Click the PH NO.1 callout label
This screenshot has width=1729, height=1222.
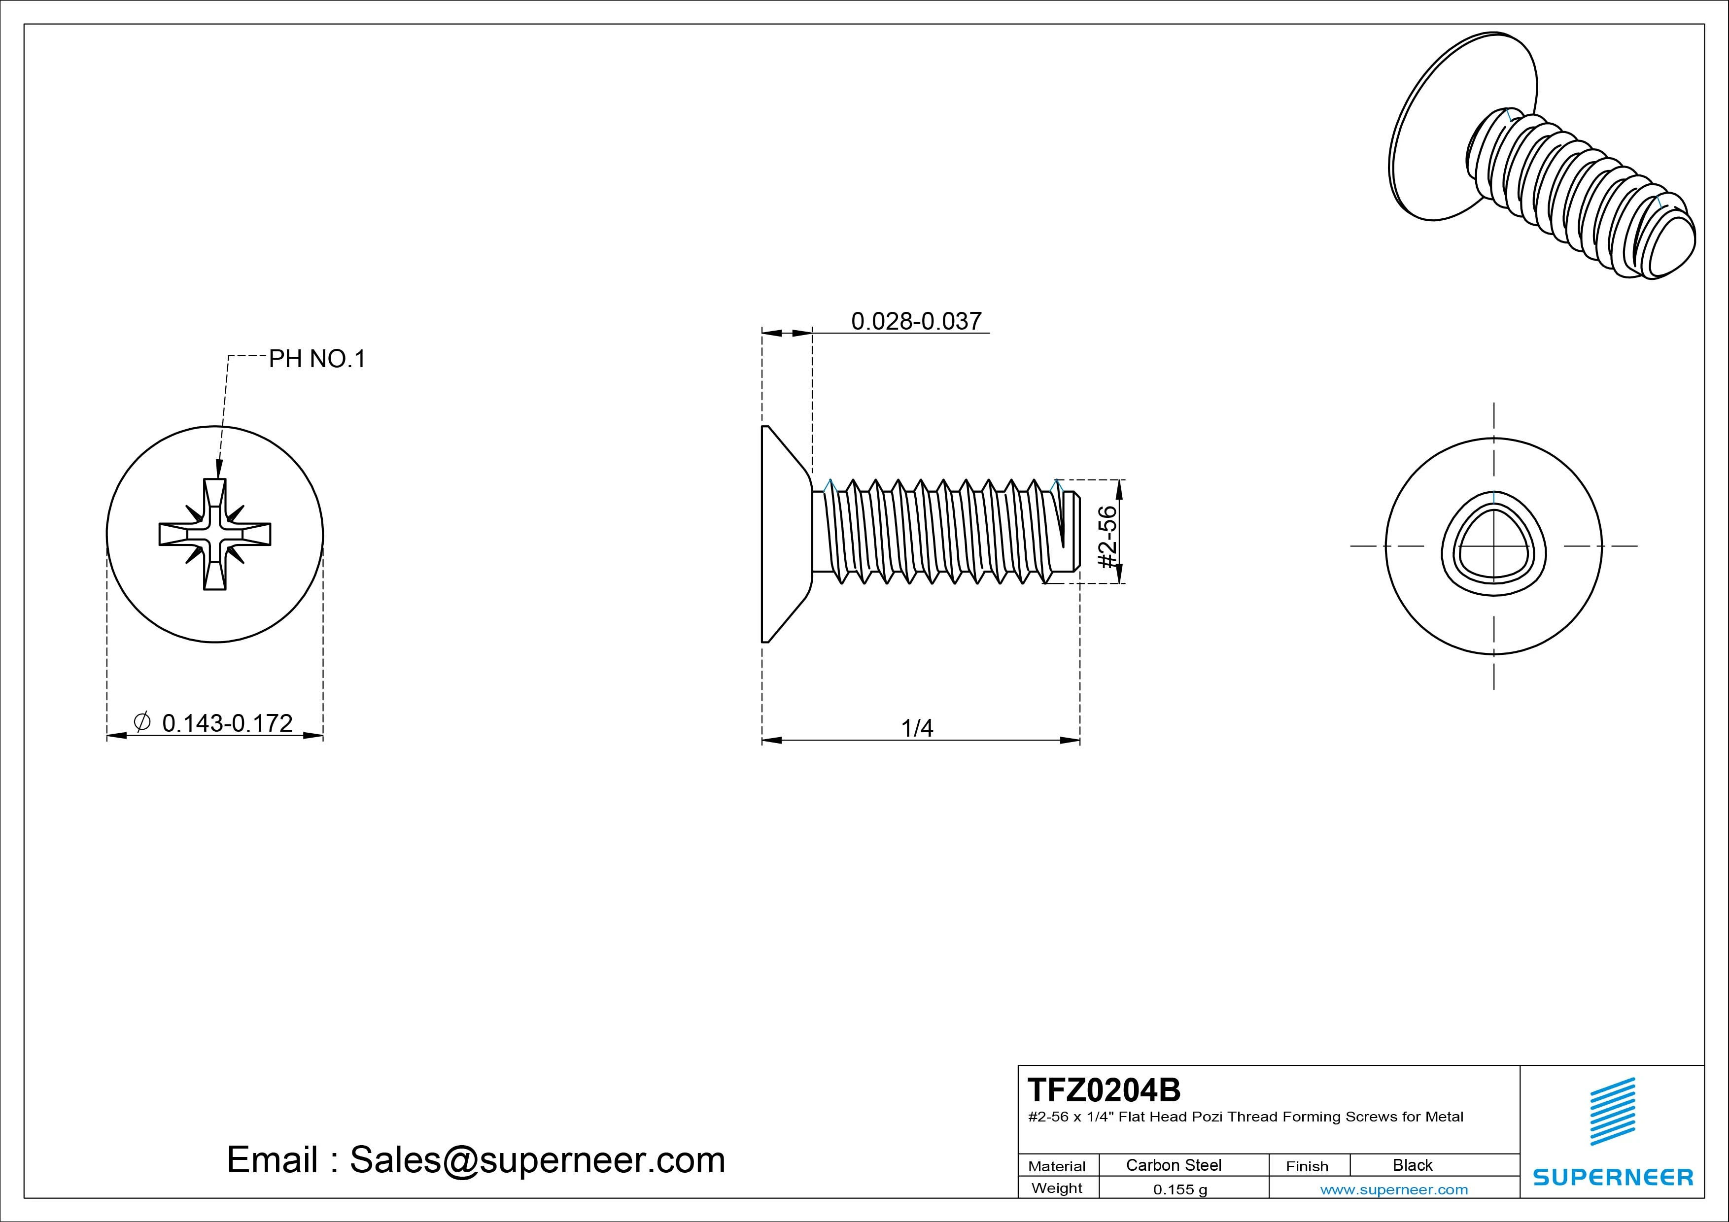pos(317,359)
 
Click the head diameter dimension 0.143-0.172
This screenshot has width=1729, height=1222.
pos(227,723)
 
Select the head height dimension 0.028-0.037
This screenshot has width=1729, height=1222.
pos(916,321)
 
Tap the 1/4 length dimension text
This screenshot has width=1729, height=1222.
pos(917,728)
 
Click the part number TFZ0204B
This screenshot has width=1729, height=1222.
pos(1104,1089)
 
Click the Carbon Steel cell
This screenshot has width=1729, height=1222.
pos(1173,1165)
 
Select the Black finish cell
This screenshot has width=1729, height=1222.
pos(1412,1165)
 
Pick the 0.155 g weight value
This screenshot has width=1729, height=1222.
pos(1180,1189)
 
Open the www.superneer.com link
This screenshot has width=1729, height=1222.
pos(1394,1189)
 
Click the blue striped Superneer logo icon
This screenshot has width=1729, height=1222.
pos(1612,1111)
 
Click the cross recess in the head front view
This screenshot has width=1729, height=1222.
pos(214,534)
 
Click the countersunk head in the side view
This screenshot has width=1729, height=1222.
pos(783,534)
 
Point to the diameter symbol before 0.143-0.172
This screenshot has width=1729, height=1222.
pos(141,721)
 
